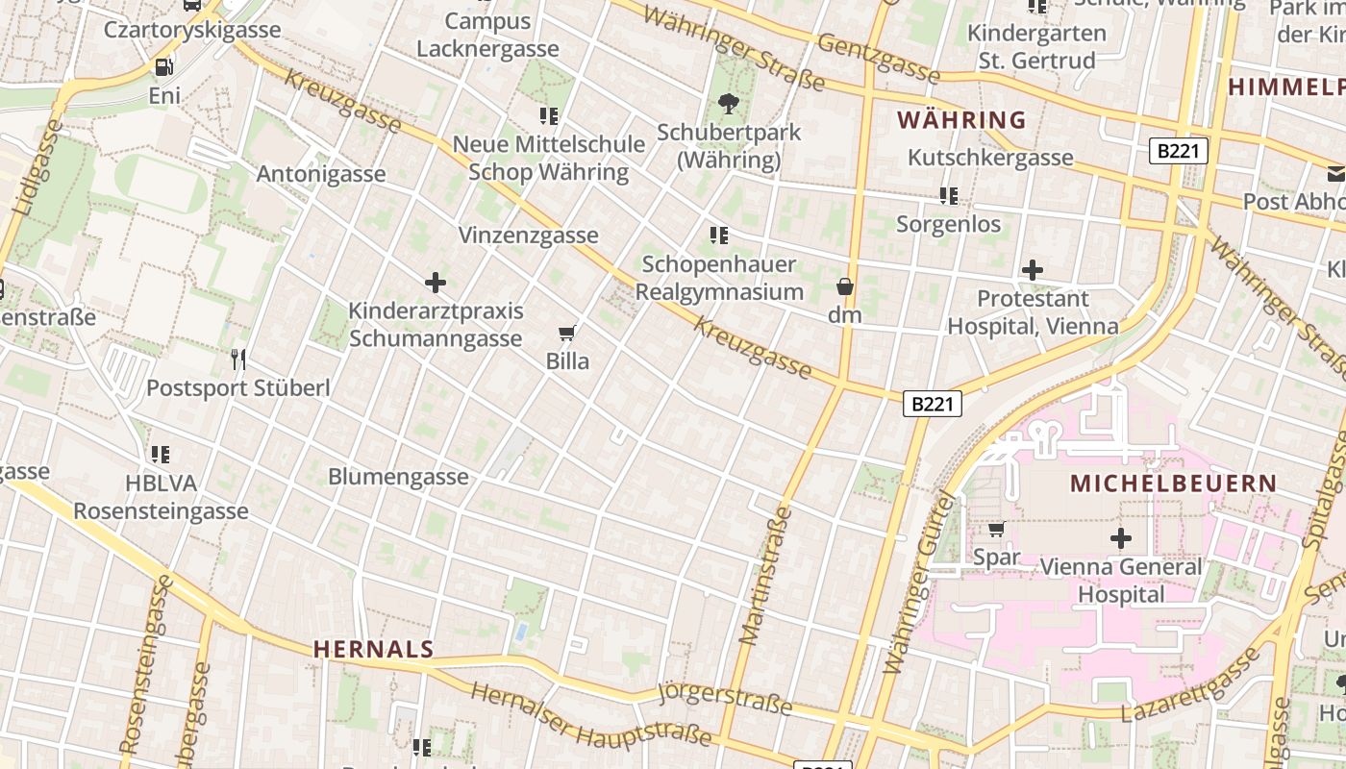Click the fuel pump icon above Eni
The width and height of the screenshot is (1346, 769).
[x=163, y=66]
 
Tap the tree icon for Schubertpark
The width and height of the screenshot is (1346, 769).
[x=729, y=103]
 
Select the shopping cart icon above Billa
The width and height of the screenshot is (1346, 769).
[x=566, y=333]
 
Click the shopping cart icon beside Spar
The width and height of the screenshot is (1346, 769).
[x=997, y=529]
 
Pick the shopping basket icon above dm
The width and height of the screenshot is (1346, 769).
[x=844, y=286]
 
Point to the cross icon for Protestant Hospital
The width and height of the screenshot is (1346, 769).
[x=1033, y=270]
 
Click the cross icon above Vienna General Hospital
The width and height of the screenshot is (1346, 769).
[x=1120, y=538]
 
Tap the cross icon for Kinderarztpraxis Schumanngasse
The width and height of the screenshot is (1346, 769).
[x=436, y=283]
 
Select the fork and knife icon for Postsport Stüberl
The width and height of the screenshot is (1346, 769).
[x=238, y=360]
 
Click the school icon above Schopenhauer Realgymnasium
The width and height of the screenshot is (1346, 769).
[x=718, y=235]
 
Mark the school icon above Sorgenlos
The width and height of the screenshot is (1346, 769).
[x=949, y=196]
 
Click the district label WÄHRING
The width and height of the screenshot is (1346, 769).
[x=961, y=120]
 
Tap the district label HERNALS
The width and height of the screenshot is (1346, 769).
[x=374, y=650]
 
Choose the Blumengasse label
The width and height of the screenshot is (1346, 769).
[x=398, y=477]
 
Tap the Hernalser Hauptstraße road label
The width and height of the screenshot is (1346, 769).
[x=592, y=716]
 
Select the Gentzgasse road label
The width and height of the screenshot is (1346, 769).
[x=877, y=58]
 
